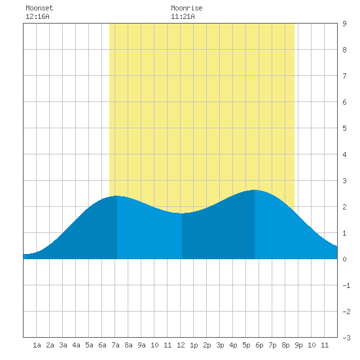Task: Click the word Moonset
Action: click(39, 8)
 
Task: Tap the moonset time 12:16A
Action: click(37, 16)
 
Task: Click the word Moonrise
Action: click(187, 8)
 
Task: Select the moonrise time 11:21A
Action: click(183, 16)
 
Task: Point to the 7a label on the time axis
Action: click(115, 345)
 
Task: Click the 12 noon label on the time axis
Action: click(181, 345)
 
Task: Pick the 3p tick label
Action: click(220, 345)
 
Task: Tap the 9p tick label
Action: click(298, 345)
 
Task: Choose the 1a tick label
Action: click(37, 345)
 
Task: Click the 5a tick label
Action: click(89, 345)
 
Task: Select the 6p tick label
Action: click(259, 345)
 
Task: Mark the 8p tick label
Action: click(285, 345)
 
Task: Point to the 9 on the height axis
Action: click(344, 24)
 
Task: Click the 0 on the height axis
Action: click(344, 259)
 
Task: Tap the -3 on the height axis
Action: click(346, 338)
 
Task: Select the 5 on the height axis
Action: click(344, 128)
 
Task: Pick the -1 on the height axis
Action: click(346, 285)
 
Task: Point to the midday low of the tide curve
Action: click(182, 213)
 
